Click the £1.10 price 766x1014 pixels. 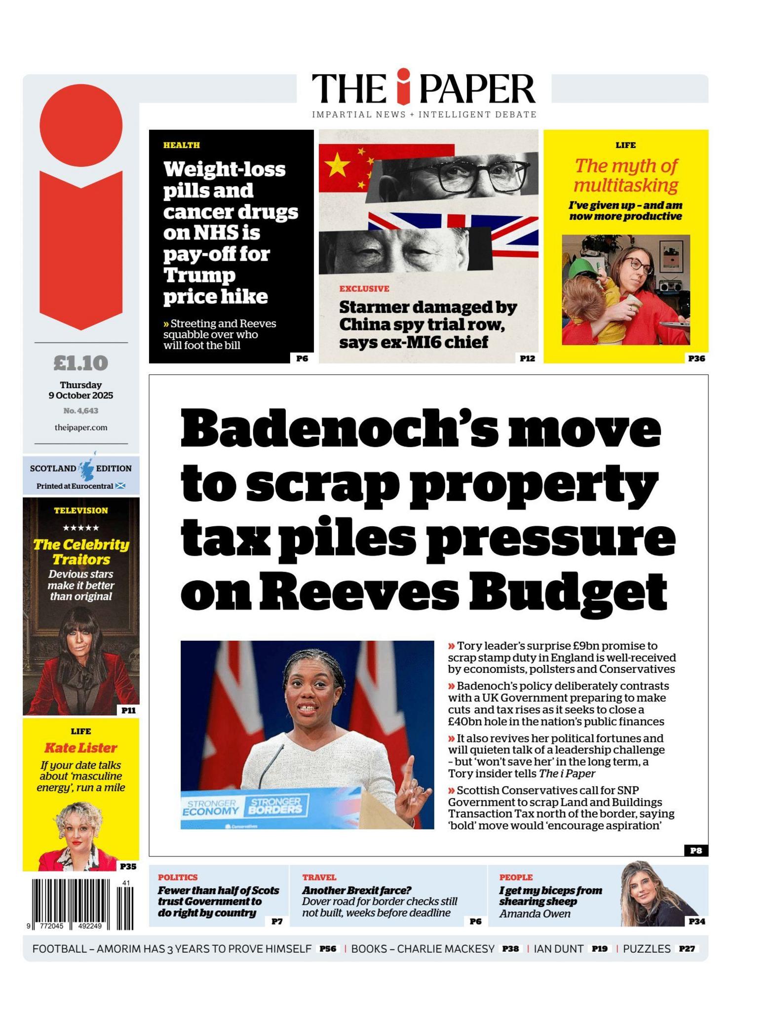[x=80, y=363]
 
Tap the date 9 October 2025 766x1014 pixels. [x=80, y=395]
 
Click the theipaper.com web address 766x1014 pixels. [x=80, y=428]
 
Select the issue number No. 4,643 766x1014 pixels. [x=80, y=411]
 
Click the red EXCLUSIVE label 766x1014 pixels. [x=364, y=289]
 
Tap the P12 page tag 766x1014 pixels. [x=527, y=358]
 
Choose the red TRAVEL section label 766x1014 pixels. [x=319, y=877]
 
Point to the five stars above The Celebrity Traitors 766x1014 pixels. [x=80, y=528]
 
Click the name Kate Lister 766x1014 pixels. [x=80, y=748]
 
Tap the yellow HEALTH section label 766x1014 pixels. [x=182, y=145]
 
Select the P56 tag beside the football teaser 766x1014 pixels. [x=327, y=948]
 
